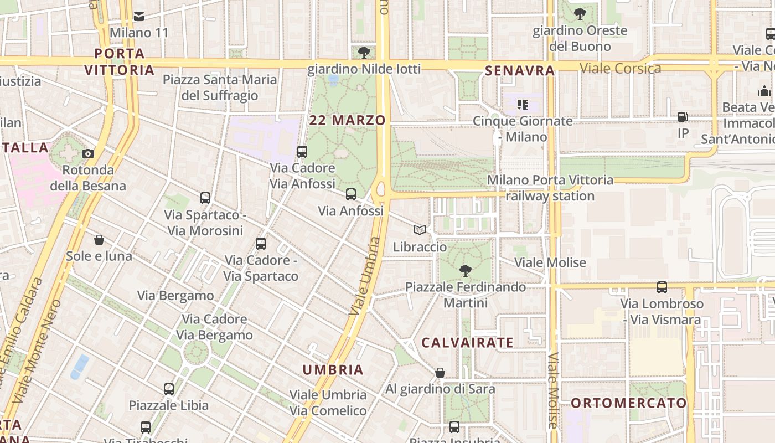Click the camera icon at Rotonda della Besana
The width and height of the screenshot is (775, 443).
point(88,154)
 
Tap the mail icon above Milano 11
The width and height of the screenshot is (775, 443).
point(139,17)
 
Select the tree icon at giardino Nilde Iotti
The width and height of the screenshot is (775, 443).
point(364,53)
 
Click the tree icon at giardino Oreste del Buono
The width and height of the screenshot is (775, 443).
point(580,14)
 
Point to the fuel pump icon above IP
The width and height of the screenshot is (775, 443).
point(683,117)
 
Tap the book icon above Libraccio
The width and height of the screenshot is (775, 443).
point(420,230)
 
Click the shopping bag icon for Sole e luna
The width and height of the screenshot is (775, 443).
point(99,240)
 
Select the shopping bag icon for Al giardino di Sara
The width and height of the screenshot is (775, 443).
point(440,373)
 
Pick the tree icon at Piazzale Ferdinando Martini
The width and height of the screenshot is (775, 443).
point(466,271)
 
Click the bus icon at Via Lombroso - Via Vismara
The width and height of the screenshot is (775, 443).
point(662,287)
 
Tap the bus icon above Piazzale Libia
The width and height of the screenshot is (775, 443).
point(169,389)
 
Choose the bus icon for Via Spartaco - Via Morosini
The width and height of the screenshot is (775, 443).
point(205,198)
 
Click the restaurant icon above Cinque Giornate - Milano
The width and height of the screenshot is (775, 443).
point(523,104)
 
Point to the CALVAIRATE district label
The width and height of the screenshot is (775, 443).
point(468,343)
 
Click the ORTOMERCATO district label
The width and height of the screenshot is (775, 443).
point(628,403)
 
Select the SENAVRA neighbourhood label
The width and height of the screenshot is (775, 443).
point(520,70)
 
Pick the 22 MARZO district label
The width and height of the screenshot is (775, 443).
point(347,120)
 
